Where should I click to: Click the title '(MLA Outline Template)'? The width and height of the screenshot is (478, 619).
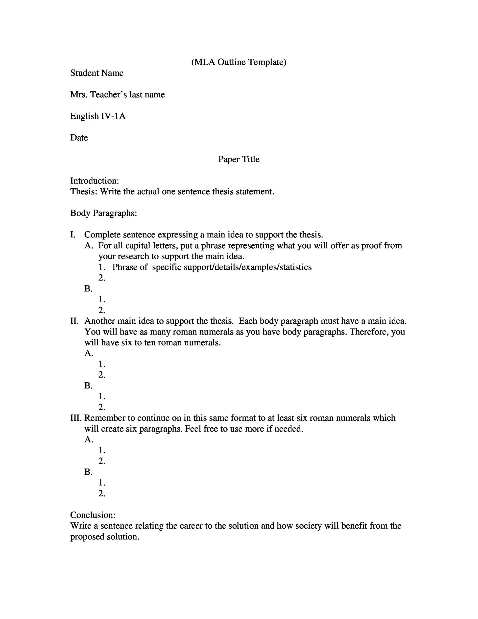click(x=239, y=62)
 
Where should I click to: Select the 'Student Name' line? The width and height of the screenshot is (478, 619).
click(x=96, y=73)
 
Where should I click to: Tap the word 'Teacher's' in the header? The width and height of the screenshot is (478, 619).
click(x=108, y=94)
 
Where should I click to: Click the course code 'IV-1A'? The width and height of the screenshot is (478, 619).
click(x=113, y=116)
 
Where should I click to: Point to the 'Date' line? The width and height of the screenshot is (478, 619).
click(x=79, y=137)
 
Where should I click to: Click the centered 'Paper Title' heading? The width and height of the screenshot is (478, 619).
click(x=239, y=159)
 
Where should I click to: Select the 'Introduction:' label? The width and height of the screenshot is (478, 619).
click(x=94, y=181)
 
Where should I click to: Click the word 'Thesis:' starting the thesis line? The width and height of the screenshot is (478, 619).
click(x=84, y=191)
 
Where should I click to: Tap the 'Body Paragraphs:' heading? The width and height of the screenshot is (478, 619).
click(x=103, y=213)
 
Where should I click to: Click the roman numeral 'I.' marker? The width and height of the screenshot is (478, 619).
click(x=73, y=235)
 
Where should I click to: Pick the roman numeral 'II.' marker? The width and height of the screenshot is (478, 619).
click(x=74, y=321)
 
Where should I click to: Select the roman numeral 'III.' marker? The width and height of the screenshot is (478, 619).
click(x=76, y=418)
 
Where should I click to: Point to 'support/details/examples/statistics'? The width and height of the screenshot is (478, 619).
click(x=247, y=267)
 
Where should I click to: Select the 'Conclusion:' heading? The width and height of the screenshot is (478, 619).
click(x=93, y=515)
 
